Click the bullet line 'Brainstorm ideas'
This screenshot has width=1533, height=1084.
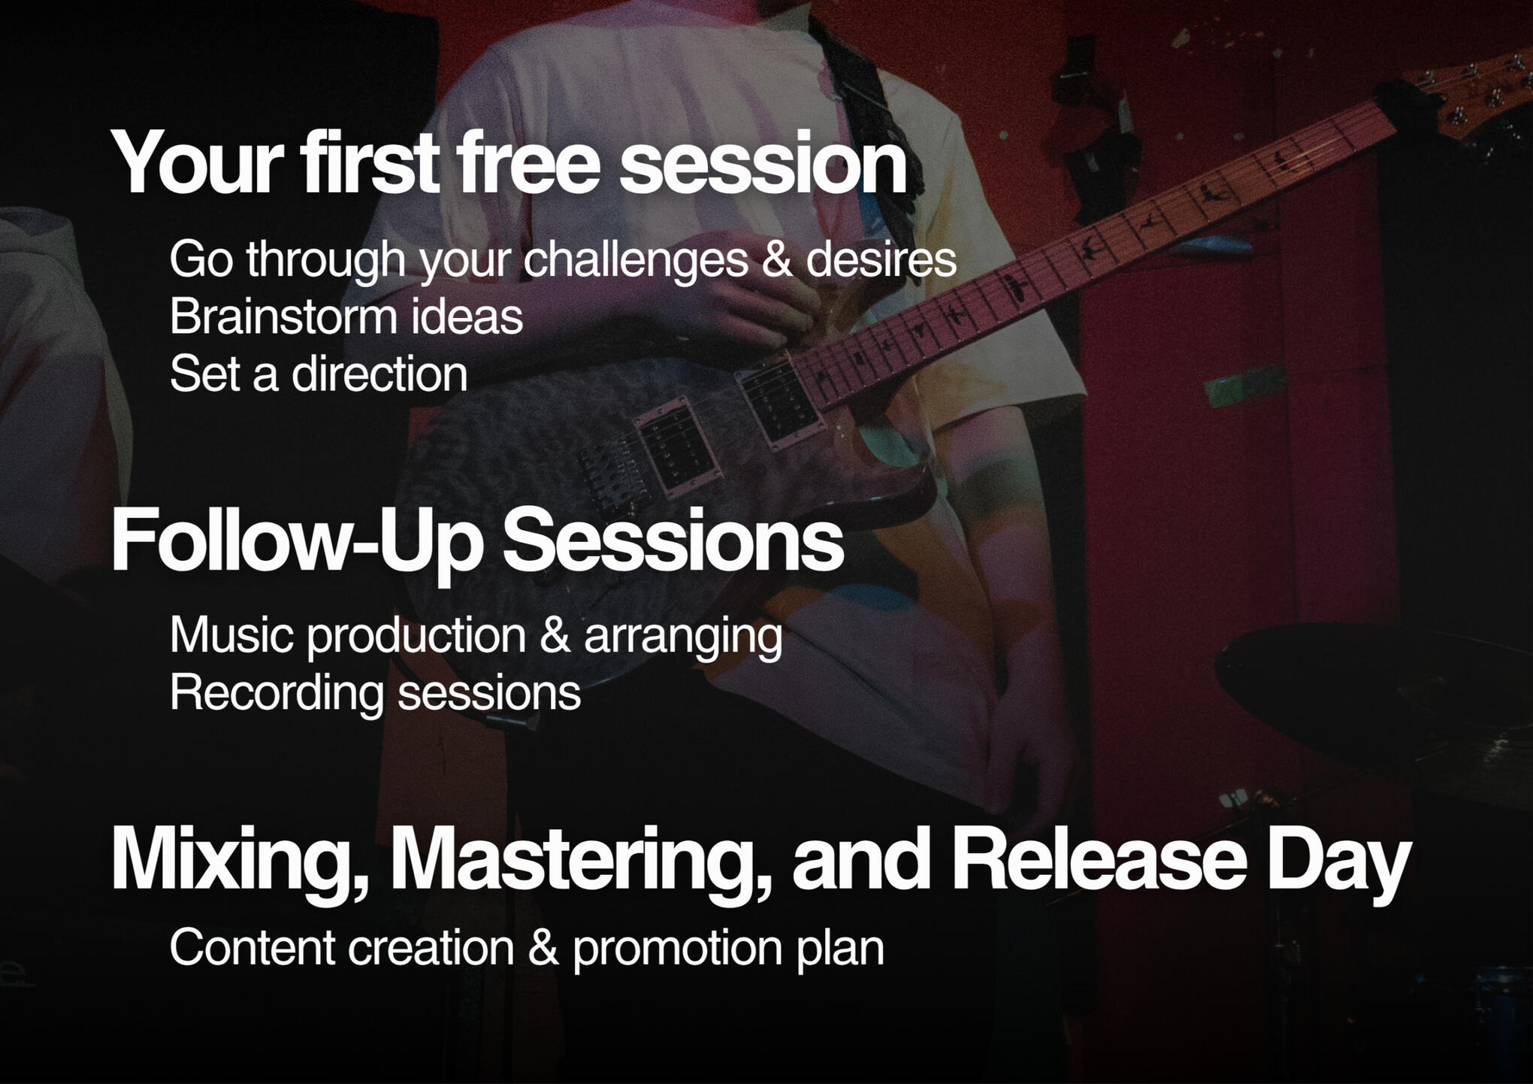pos(346,316)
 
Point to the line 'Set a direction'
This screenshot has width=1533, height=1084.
pos(319,374)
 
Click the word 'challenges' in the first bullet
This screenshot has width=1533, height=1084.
pos(636,259)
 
